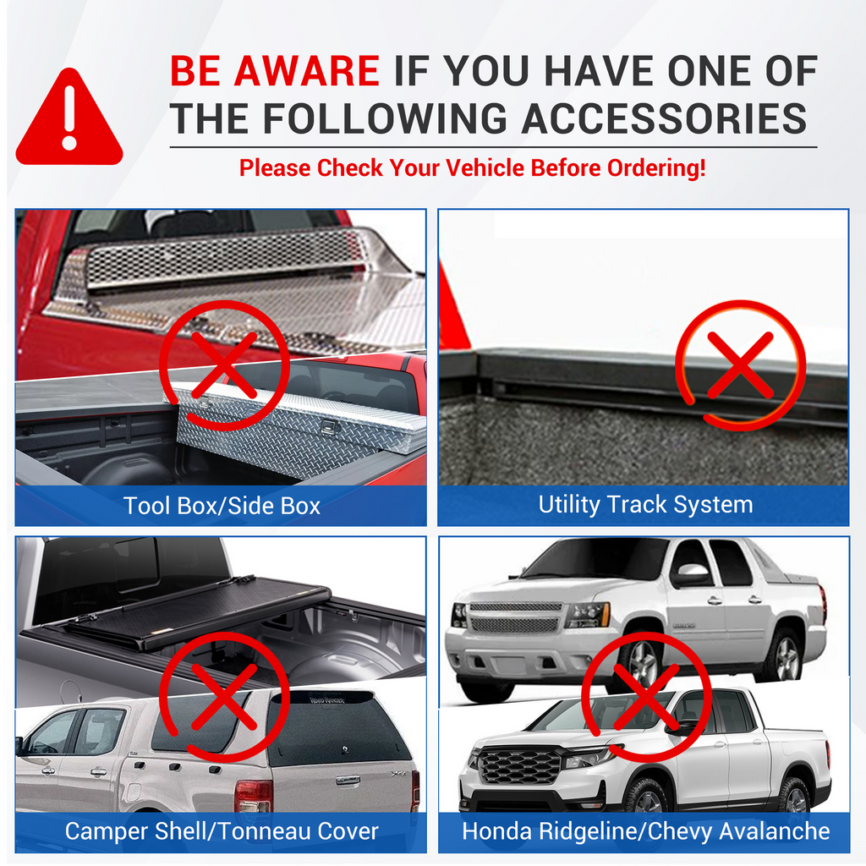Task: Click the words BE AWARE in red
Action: point(275,71)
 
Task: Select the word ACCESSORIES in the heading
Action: point(664,118)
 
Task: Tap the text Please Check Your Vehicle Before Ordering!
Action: point(472,167)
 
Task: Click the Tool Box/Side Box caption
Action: point(222,506)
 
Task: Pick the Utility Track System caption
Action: point(645,505)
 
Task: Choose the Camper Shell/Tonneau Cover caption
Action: point(222,831)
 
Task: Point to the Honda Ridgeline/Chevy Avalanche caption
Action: point(645,831)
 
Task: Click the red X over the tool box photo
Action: point(224,364)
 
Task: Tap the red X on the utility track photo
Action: point(740,364)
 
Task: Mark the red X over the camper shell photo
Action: point(224,697)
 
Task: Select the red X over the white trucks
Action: point(646,697)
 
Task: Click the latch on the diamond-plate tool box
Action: point(330,426)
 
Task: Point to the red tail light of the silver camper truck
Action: point(254,795)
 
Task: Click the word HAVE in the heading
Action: point(600,71)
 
